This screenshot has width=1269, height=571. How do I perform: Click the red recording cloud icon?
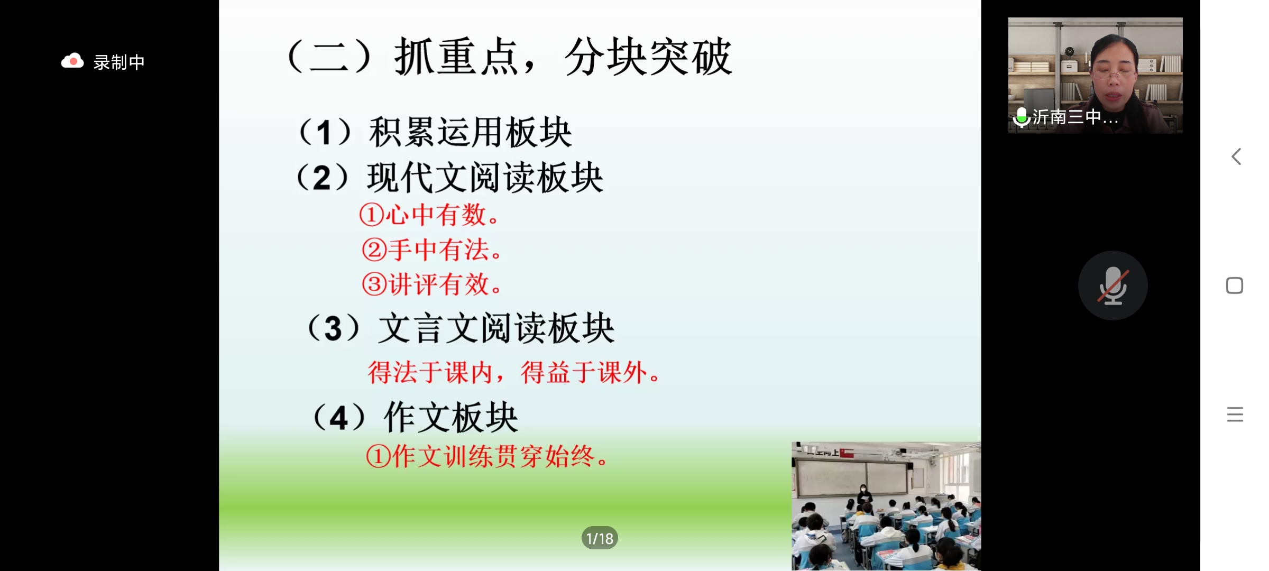[72, 61]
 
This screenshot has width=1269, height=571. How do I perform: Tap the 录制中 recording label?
[119, 62]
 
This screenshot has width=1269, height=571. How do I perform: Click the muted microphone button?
[1113, 285]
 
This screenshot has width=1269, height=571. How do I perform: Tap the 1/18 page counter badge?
[600, 538]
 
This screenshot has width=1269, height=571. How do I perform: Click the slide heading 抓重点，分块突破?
[563, 57]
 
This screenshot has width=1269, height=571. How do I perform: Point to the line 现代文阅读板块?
[485, 178]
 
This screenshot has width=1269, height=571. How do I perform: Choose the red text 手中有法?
[439, 250]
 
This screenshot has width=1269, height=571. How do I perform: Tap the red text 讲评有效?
[439, 284]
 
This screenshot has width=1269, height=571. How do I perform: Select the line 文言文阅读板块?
[496, 328]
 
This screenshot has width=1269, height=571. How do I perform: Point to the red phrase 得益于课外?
[584, 372]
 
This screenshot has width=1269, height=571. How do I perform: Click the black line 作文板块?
[451, 417]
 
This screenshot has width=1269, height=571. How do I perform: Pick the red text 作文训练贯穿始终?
[494, 456]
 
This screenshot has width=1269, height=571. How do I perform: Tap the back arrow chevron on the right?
[1236, 156]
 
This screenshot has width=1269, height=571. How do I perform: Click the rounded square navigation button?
[1235, 285]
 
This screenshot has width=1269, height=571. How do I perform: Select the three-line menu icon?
[1235, 414]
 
